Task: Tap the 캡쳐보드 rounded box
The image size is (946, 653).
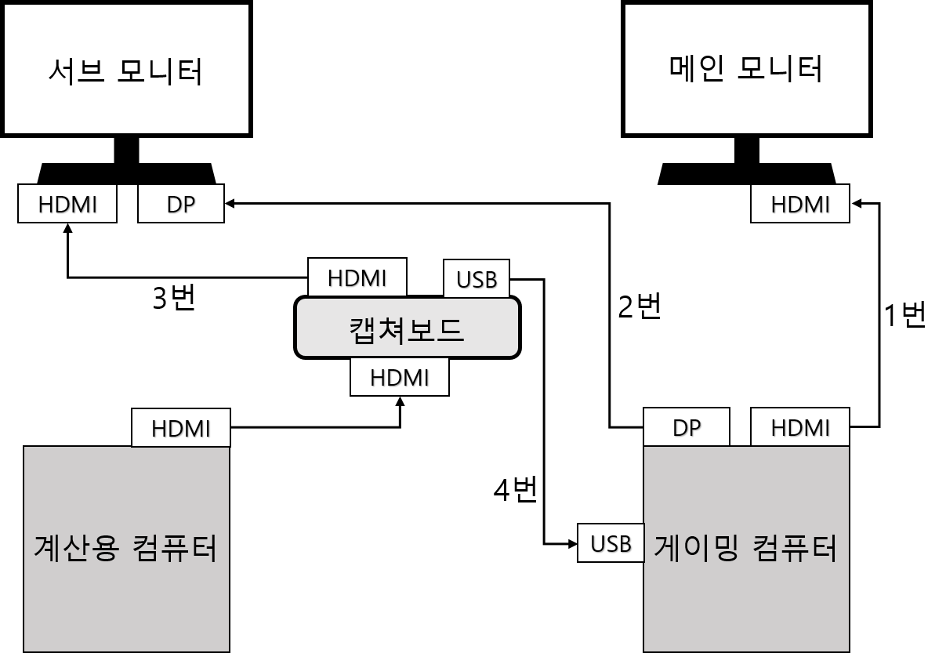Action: click(407, 328)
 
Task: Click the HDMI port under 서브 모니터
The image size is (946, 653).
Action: click(67, 204)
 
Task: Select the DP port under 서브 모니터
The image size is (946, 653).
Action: click(181, 204)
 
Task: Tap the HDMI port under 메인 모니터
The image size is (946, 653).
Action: click(799, 204)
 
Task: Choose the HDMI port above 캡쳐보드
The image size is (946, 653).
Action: click(357, 278)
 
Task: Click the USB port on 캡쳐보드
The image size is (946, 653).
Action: click(477, 279)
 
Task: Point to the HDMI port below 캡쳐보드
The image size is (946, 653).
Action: click(400, 377)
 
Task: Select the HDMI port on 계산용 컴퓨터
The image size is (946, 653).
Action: click(181, 428)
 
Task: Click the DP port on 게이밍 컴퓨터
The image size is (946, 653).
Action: click(687, 427)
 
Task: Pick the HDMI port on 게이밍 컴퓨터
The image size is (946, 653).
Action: click(799, 427)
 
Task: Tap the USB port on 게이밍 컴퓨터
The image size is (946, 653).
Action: click(611, 543)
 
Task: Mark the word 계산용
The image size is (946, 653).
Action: click(75, 547)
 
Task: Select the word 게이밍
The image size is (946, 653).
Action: click(696, 547)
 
